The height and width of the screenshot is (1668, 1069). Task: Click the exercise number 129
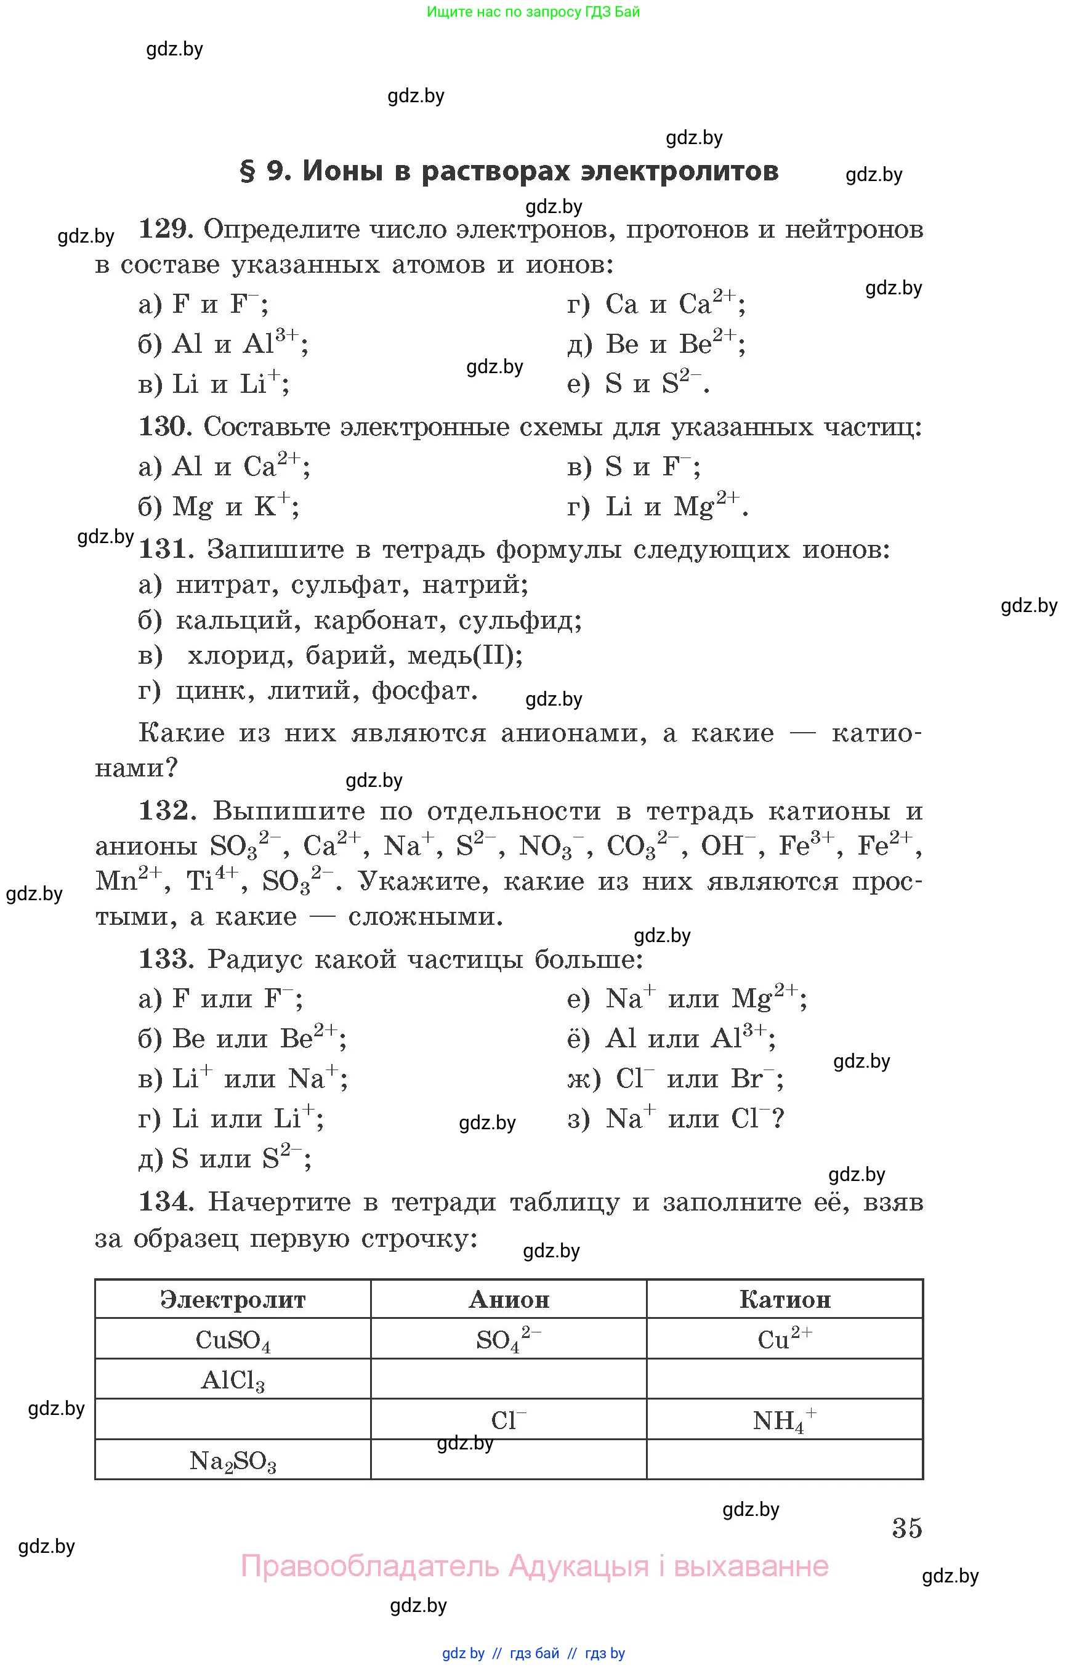point(166,229)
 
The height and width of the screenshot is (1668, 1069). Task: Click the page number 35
point(906,1528)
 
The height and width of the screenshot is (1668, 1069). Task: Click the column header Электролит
point(233,1299)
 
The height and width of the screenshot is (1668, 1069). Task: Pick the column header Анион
point(509,1299)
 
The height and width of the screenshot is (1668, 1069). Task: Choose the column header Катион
point(785,1299)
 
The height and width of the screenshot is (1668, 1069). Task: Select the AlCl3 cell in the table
point(233,1380)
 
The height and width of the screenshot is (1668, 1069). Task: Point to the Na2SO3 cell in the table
point(233,1461)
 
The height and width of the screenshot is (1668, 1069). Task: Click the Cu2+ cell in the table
point(785,1339)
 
